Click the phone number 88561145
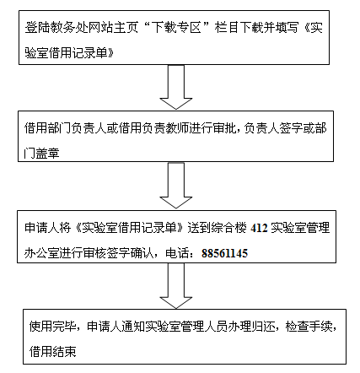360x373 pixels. coord(224,253)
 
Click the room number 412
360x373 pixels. coord(259,228)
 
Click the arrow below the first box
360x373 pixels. coord(176,87)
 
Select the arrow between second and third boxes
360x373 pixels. coord(176,185)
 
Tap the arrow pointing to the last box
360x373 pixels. coord(176,286)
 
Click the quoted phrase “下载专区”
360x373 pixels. coord(177,28)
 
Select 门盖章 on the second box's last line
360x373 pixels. coord(41,153)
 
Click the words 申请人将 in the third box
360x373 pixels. coord(48,228)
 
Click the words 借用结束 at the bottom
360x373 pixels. coord(52,352)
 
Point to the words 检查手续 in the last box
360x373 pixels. coord(309,327)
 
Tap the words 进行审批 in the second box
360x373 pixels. coord(212,128)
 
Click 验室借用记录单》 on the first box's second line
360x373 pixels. coord(69,53)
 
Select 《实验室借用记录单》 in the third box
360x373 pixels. coord(129,228)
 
